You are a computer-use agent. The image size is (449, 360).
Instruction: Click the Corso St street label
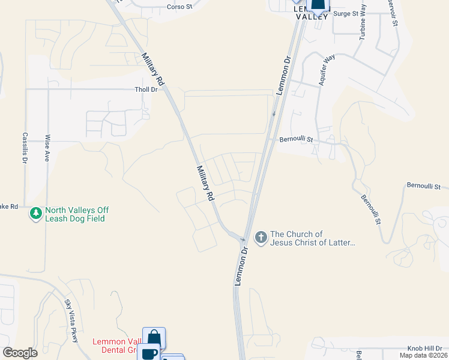(x=179, y=7)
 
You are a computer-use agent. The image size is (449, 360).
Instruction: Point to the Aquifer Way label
(x=327, y=70)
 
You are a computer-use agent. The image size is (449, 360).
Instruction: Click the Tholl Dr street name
(x=145, y=89)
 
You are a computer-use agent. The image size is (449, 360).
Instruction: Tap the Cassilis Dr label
(x=25, y=148)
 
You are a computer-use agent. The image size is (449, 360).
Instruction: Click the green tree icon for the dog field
(x=36, y=213)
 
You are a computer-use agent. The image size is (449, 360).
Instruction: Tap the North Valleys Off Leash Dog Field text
(x=77, y=214)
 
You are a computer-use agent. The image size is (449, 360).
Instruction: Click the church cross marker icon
(x=261, y=238)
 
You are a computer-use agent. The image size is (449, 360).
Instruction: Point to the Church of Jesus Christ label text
(x=313, y=238)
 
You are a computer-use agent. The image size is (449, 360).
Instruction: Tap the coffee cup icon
(x=149, y=353)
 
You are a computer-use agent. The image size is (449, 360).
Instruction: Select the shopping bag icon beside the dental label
(x=154, y=337)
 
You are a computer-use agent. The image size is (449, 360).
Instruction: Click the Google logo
(x=20, y=353)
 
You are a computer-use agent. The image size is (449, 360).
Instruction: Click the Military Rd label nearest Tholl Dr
(x=152, y=69)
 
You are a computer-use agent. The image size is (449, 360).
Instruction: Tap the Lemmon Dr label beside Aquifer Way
(x=284, y=77)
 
